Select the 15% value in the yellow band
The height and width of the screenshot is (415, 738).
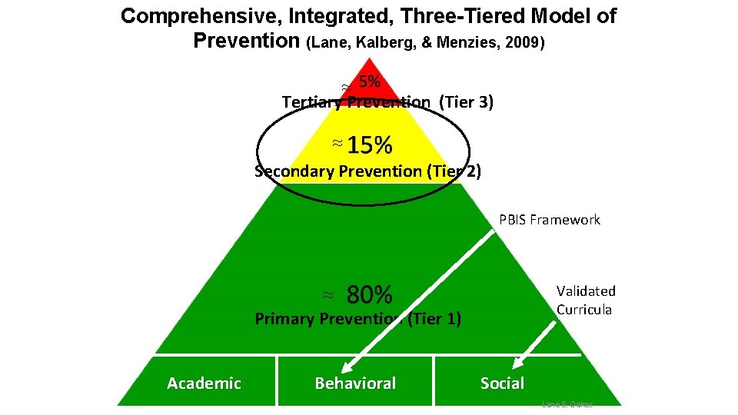(370, 144)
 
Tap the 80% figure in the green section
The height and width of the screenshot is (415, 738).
(370, 294)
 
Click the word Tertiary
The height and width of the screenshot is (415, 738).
(312, 102)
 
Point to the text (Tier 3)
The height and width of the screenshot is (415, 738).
(466, 102)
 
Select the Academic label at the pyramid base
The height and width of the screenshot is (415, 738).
(204, 383)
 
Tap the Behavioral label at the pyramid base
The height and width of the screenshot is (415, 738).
(355, 383)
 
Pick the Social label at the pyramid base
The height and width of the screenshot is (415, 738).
(502, 383)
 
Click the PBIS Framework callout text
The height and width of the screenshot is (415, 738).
(549, 220)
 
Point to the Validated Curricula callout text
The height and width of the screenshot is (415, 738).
(586, 300)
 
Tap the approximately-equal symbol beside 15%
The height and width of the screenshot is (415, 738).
(337, 144)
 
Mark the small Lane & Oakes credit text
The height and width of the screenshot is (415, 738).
(567, 403)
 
